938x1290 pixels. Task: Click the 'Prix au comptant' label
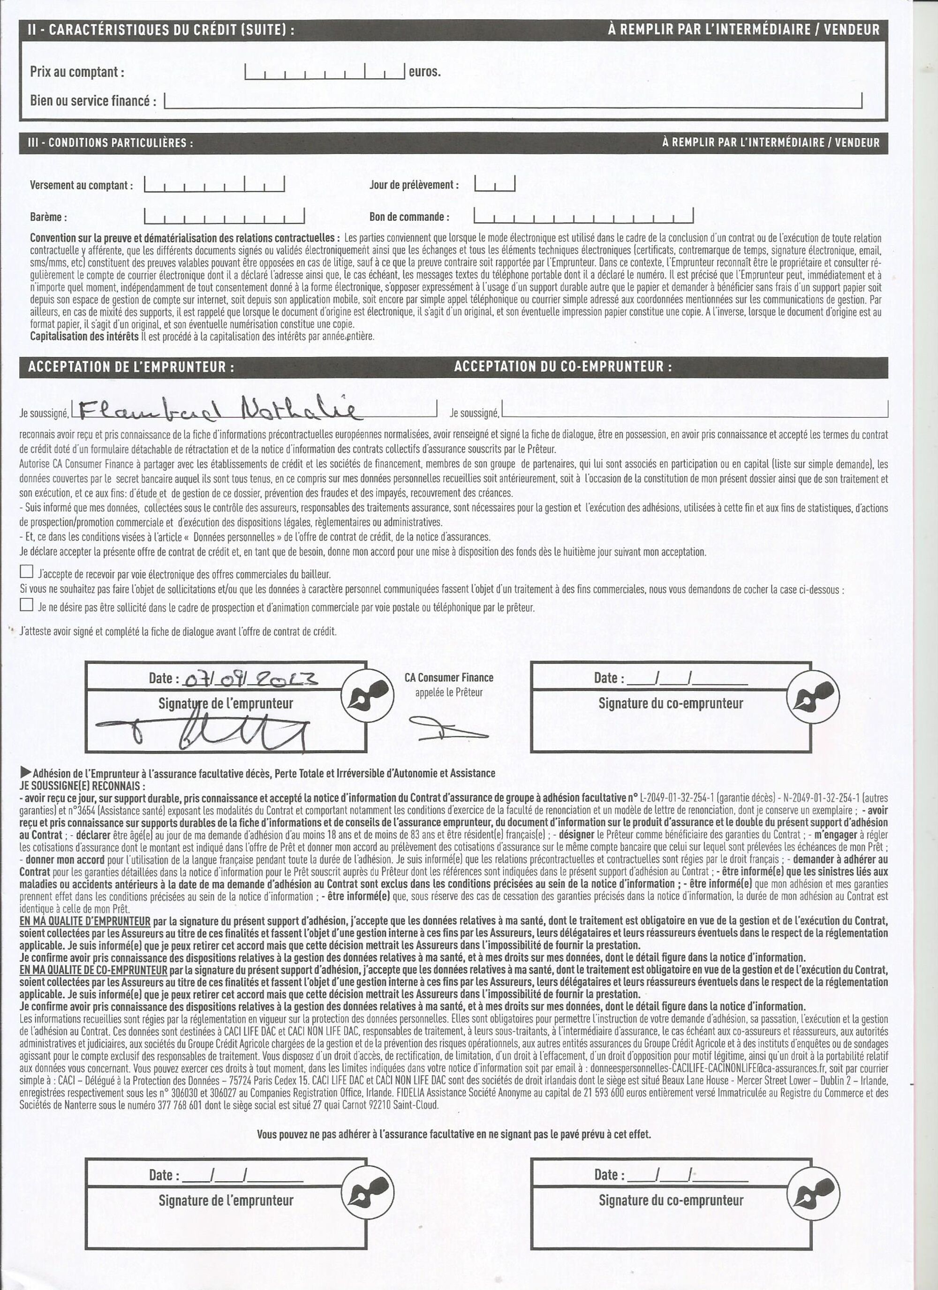[77, 72]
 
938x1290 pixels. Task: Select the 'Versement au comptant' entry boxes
[214, 184]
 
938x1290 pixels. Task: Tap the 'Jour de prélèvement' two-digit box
[494, 184]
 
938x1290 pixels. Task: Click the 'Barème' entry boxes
[224, 217]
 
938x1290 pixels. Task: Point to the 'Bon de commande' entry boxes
[583, 216]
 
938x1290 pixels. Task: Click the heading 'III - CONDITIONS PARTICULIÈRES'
[110, 143]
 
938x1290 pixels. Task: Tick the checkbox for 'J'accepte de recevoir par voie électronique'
[26, 571]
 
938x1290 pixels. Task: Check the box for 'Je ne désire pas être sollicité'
[26, 604]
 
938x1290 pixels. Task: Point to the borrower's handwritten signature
[205, 734]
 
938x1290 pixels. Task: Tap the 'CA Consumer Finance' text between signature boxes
[448, 678]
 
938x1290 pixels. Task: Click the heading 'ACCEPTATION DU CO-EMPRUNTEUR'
[563, 367]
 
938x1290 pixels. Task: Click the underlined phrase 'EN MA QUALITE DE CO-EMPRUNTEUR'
[93, 970]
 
